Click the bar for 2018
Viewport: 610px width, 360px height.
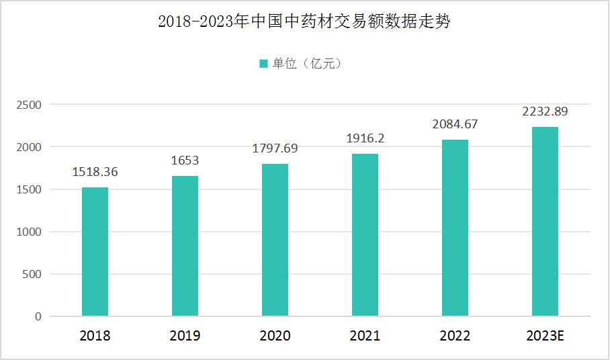point(95,252)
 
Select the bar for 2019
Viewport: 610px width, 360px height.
point(185,246)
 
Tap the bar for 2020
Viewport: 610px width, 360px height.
point(275,240)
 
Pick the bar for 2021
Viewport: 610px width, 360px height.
point(365,235)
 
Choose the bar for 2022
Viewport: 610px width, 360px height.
point(455,228)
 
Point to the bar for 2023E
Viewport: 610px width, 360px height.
point(545,222)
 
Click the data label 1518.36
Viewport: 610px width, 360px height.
point(95,172)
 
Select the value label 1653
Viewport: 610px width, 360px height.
point(185,161)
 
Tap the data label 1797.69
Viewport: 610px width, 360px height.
point(275,148)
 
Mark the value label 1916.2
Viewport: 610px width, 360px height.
point(365,138)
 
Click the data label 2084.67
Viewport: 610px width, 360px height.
point(455,124)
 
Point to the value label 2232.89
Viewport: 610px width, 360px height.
point(545,111)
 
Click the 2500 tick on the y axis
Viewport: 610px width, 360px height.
point(29,105)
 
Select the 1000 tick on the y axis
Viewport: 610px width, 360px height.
point(29,232)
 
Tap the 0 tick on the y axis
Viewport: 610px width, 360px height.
point(38,316)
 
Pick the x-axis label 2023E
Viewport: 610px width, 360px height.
point(545,336)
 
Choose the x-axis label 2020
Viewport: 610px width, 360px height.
point(275,336)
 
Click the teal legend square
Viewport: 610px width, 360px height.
point(264,64)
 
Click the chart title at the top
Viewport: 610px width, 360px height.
point(304,22)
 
